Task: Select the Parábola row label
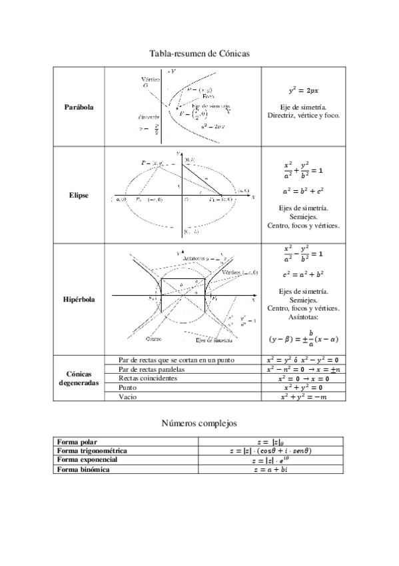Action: click(79, 107)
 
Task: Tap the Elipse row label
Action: click(79, 196)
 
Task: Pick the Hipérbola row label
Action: click(79, 300)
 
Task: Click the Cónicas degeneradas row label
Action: click(79, 378)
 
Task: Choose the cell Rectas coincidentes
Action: click(148, 378)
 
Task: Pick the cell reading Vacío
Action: click(127, 397)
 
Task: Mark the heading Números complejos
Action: click(199, 423)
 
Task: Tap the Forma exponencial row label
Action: click(87, 461)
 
